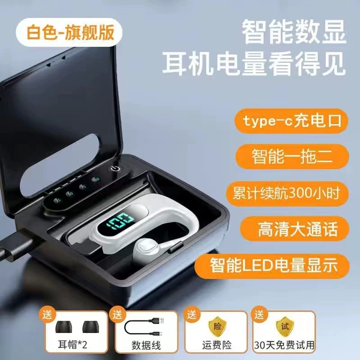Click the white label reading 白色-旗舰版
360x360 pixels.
(69, 32)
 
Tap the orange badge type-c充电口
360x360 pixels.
(292, 121)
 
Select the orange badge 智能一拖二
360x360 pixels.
(292, 157)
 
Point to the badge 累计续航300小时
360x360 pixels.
(287, 193)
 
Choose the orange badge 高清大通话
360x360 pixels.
(295, 229)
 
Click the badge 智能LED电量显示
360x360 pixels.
(272, 266)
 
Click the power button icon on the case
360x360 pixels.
(115, 169)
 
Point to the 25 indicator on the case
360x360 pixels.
(58, 200)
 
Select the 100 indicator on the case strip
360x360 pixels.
(96, 179)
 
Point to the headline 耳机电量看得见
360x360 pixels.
(254, 64)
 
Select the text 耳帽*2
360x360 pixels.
(73, 344)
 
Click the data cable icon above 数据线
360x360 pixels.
(145, 326)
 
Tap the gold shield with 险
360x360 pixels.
(217, 326)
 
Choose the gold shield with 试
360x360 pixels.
(284, 326)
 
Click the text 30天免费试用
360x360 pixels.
(284, 345)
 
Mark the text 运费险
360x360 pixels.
(217, 345)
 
